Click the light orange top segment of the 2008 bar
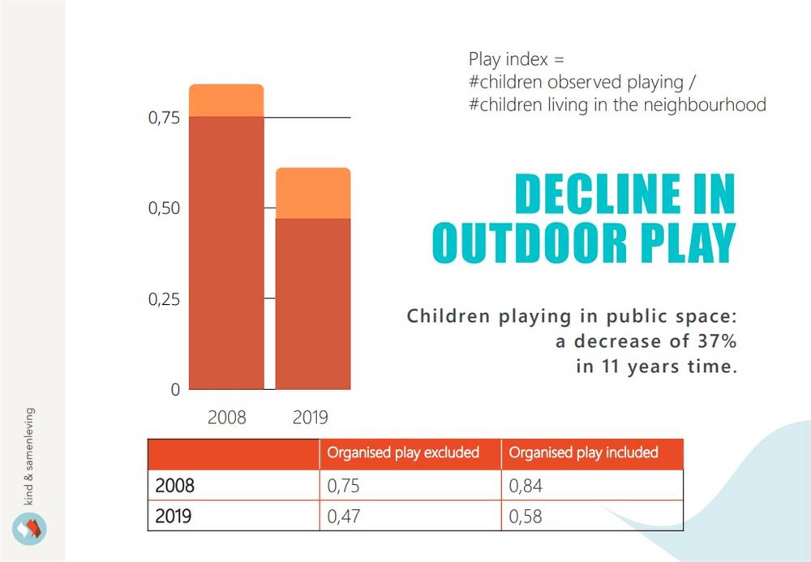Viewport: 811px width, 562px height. (x=226, y=101)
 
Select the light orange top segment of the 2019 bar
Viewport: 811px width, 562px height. (x=313, y=193)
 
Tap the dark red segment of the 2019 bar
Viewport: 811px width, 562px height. (x=313, y=304)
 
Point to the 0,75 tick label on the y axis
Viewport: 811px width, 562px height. (x=164, y=118)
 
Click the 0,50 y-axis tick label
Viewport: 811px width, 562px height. (x=164, y=208)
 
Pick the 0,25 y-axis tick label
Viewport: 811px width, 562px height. (x=164, y=299)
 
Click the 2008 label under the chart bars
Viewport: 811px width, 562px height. (x=226, y=417)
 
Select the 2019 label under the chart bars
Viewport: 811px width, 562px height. (x=311, y=417)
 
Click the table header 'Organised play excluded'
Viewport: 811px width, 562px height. (x=403, y=453)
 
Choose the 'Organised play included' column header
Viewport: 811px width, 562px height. (x=583, y=453)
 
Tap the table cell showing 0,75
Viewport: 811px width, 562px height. (x=343, y=486)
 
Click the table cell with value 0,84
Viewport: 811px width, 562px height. (x=526, y=486)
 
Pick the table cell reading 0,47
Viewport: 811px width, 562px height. (x=343, y=517)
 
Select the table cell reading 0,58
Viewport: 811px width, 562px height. (x=526, y=517)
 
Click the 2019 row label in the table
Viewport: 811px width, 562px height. (x=174, y=517)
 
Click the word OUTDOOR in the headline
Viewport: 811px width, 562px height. (x=530, y=242)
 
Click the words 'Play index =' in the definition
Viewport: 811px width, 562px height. (x=516, y=59)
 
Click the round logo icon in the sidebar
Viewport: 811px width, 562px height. (x=29, y=529)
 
